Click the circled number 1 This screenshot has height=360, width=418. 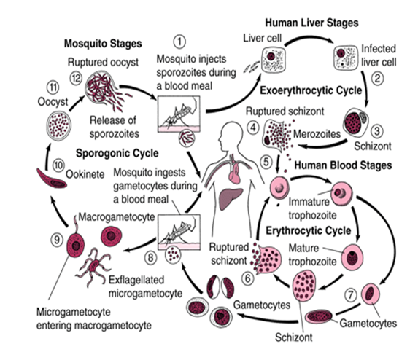click(179, 42)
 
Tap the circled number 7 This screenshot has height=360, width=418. click(351, 294)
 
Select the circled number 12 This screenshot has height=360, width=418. click(76, 78)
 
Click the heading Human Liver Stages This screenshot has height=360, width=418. click(311, 23)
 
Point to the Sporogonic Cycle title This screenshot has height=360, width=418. click(117, 153)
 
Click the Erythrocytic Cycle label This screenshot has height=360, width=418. click(308, 230)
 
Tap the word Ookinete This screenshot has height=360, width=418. click(85, 174)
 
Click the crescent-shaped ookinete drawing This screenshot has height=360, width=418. click(51, 179)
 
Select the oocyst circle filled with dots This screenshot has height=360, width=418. click(59, 125)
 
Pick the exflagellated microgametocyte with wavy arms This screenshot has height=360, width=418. click(94, 265)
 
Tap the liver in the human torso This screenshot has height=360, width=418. click(231, 198)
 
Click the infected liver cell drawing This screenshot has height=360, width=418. click(346, 58)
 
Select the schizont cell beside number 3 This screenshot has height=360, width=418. click(355, 122)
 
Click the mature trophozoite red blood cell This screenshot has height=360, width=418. click(352, 257)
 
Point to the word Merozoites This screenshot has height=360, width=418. click(317, 134)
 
